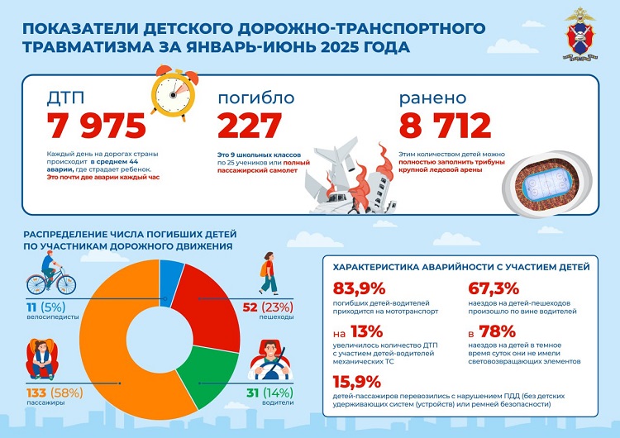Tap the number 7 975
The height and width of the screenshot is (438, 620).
pyautogui.click(x=98, y=125)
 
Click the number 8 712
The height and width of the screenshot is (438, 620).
pyautogui.click(x=446, y=125)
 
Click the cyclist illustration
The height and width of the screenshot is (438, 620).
pyautogui.click(x=51, y=276)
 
